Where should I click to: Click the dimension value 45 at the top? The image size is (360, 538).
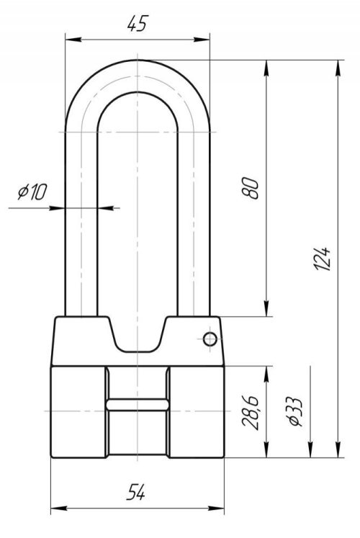[137, 23]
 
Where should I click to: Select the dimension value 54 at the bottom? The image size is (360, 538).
[136, 492]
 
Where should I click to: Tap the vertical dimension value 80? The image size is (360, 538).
[250, 188]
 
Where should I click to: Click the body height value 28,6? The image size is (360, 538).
[250, 412]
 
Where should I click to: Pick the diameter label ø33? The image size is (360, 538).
[295, 412]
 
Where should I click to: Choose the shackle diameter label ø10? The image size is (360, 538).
[32, 192]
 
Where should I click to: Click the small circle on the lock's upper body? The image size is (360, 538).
[210, 339]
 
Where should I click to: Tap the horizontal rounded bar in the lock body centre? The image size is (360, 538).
[137, 405]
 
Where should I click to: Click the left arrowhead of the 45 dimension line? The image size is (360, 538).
[73, 40]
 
